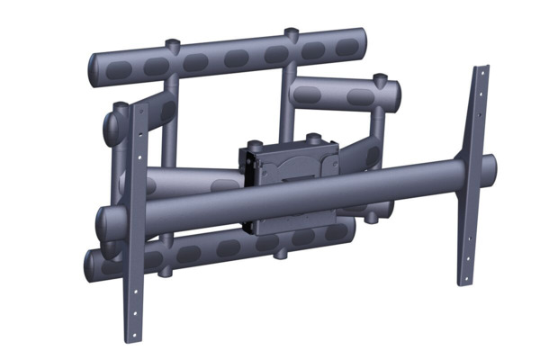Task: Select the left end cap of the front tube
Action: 103,221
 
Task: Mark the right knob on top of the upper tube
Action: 292,34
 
